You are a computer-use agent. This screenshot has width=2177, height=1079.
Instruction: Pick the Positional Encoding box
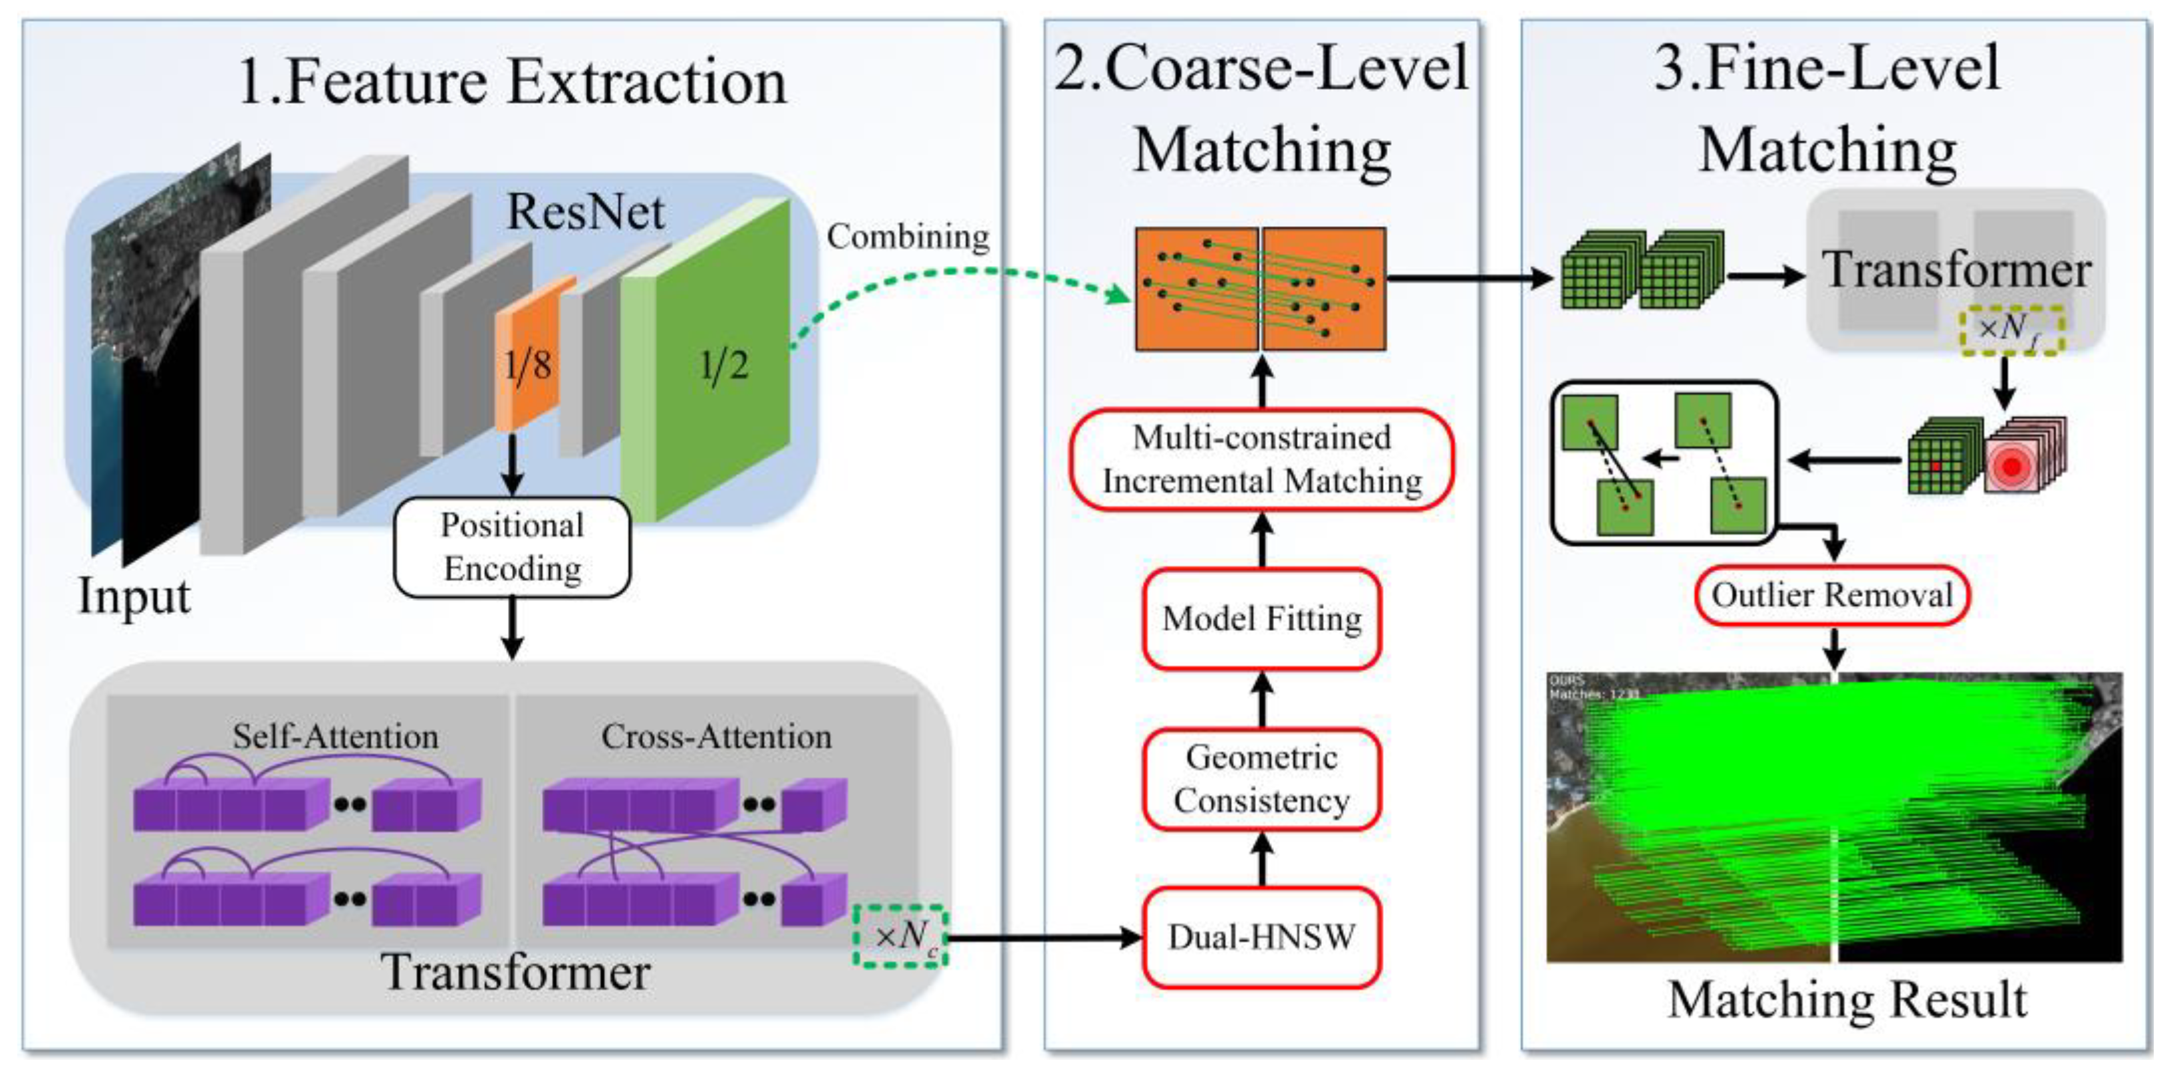point(512,546)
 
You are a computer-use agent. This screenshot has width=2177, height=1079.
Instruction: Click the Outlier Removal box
point(1831,596)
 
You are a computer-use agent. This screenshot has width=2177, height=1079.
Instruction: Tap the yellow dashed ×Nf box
point(2011,328)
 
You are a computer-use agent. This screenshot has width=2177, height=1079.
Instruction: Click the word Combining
point(908,237)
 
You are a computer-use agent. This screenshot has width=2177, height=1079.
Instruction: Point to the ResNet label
point(585,211)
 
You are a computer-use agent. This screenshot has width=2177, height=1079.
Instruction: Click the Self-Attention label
point(336,737)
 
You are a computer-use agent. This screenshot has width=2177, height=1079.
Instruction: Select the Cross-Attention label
point(716,737)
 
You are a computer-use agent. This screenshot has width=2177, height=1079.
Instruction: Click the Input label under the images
point(134,596)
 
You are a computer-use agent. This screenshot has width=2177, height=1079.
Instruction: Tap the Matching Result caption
point(1847,1000)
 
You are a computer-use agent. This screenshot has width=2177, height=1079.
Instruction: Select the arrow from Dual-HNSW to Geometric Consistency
point(1262,860)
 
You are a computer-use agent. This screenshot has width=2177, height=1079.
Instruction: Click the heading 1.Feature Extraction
point(512,82)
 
